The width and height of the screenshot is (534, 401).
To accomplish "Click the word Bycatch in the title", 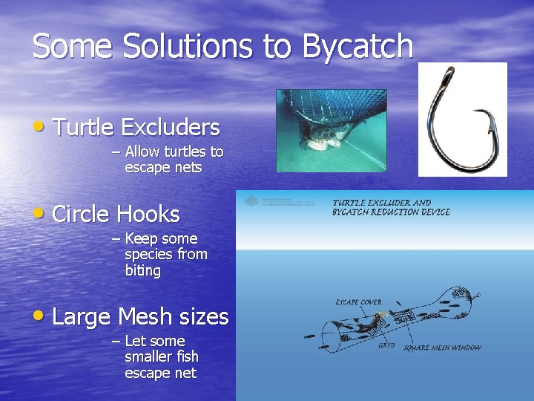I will tap(357, 46).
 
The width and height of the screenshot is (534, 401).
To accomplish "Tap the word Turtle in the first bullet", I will tap(82, 128).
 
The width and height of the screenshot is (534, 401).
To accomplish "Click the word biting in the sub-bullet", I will tap(142, 271).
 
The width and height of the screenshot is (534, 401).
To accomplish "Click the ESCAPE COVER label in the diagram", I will tap(357, 302).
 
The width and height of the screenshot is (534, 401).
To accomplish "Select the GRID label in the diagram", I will tap(386, 346).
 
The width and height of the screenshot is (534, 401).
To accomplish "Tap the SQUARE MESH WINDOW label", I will tap(442, 348).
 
